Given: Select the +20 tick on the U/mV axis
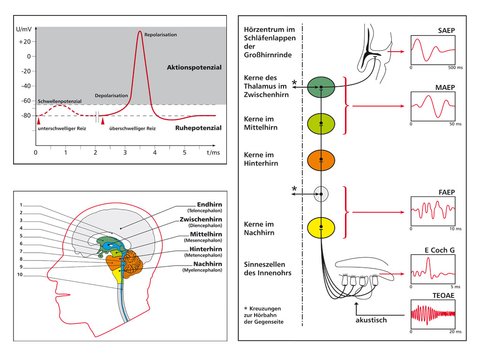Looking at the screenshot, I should coord(24,42).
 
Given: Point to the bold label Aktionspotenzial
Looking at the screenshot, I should coord(194,67).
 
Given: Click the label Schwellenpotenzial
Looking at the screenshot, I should coord(60,101).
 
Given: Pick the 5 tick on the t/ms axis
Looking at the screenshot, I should coord(184,153).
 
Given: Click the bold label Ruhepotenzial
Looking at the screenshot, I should coord(198,127).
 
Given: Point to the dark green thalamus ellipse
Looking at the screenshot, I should coord(321,87).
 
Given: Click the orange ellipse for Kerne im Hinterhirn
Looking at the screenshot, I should coord(321,159).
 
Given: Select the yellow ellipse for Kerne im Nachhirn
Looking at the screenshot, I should coord(321,227).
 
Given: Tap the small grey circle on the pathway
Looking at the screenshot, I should coord(321,193).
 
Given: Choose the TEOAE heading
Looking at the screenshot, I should coord(445,295).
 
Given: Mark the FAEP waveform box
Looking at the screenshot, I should coord(434,211).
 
